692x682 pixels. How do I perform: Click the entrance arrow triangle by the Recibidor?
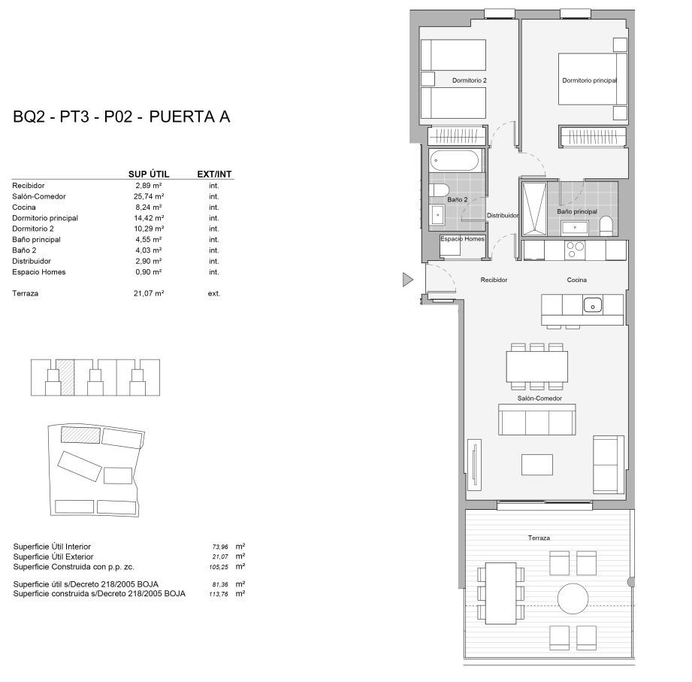pyautogui.click(x=408, y=280)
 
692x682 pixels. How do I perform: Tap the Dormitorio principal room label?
pyautogui.click(x=589, y=80)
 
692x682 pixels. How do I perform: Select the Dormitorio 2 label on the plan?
pyautogui.click(x=470, y=80)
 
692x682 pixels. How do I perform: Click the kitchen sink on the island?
pyautogui.click(x=593, y=305)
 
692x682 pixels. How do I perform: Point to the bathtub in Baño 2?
pyautogui.click(x=455, y=161)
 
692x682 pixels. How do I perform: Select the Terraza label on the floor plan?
pyautogui.click(x=539, y=538)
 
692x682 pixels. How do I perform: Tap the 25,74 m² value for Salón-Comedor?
pyautogui.click(x=149, y=196)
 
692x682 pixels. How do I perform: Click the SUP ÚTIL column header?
pyautogui.click(x=149, y=174)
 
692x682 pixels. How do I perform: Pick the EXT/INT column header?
pyautogui.click(x=214, y=174)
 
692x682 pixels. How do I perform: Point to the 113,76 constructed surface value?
pyautogui.click(x=218, y=594)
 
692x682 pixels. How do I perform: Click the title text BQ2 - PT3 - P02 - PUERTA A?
pyautogui.click(x=121, y=117)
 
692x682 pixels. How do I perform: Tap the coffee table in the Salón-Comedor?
pyautogui.click(x=537, y=465)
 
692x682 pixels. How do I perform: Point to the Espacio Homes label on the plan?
pyautogui.click(x=462, y=238)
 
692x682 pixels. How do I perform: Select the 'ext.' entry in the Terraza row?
pyautogui.click(x=214, y=293)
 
